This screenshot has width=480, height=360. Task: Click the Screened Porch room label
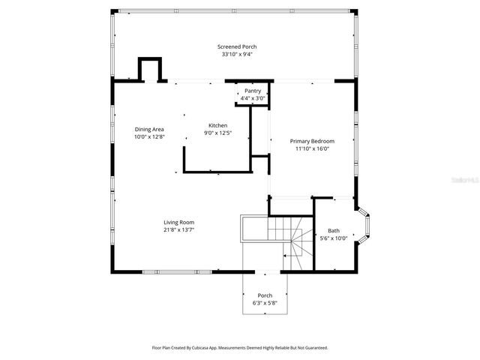coord(237,46)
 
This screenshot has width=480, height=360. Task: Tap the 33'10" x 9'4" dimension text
coord(237,54)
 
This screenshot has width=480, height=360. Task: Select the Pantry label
coord(253,90)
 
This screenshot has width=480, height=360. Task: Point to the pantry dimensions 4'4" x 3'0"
coord(253,97)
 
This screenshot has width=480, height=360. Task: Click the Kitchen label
coord(217,125)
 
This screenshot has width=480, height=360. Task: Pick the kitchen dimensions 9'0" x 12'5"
coord(217,133)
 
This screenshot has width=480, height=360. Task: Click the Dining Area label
coord(148,129)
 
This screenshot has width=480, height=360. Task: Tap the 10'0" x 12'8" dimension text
coord(148,136)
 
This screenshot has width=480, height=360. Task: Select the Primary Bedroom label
coord(312,141)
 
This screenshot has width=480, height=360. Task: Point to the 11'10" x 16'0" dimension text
coord(312,148)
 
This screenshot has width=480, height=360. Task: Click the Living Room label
coord(179,222)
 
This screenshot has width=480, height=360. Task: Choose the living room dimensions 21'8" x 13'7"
coord(179,229)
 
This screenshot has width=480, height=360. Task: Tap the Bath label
coord(334,230)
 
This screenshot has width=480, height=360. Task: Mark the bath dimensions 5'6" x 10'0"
coord(334,238)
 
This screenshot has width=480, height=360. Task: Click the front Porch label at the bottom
coord(265,295)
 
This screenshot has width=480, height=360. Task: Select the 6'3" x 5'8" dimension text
coord(265,303)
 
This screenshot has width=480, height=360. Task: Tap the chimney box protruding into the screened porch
coord(148,69)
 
